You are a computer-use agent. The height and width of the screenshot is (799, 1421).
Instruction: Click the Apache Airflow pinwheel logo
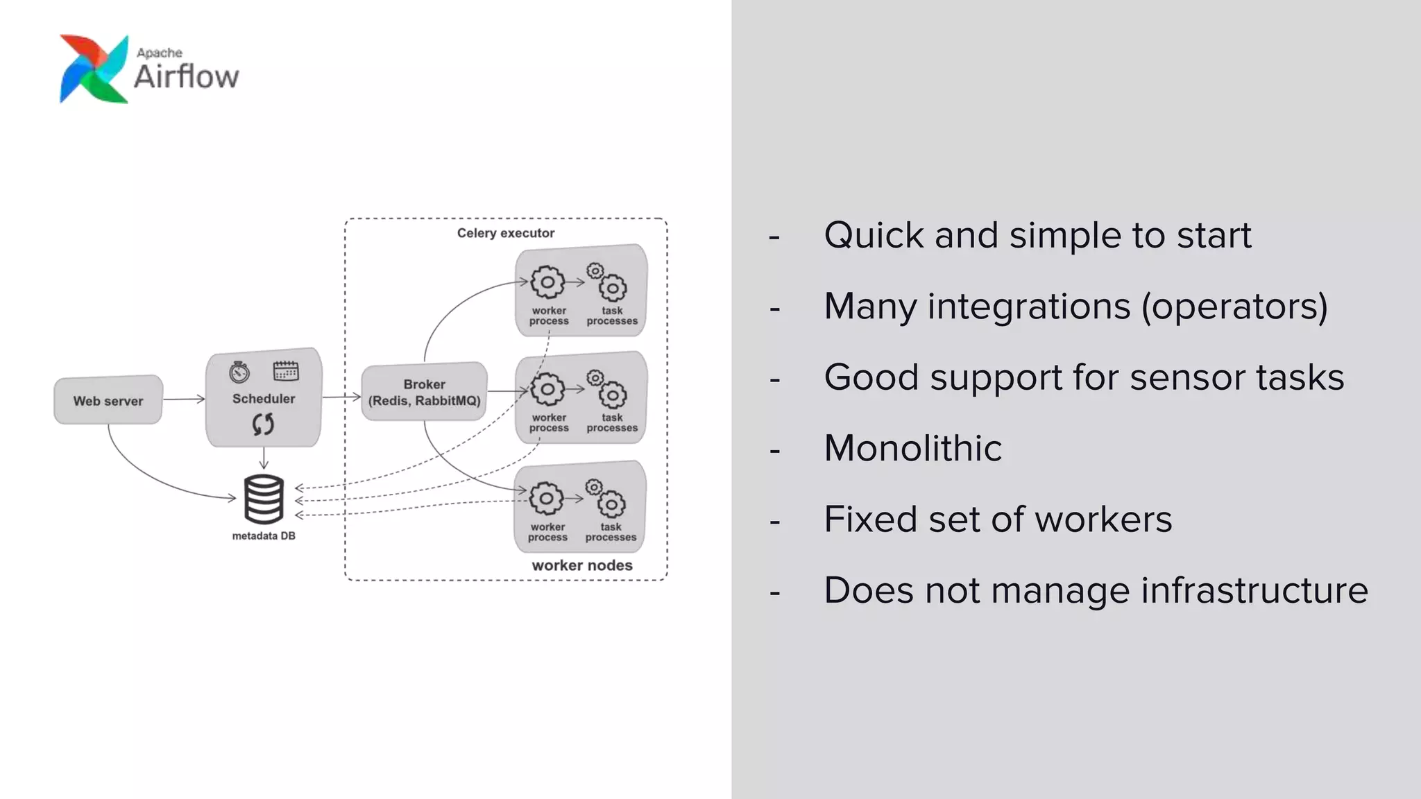point(94,69)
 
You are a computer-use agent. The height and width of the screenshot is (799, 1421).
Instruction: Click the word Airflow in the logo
point(186,77)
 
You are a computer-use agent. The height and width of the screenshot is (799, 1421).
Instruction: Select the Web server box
point(108,400)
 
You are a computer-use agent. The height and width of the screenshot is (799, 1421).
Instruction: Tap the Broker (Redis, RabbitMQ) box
point(424,392)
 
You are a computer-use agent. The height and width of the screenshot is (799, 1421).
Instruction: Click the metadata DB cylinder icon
point(264,499)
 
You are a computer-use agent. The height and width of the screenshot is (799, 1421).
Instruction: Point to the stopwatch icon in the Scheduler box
point(239,372)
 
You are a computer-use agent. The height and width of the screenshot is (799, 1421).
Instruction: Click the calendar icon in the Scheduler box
point(286,371)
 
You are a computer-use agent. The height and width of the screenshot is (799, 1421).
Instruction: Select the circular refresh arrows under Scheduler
point(263,424)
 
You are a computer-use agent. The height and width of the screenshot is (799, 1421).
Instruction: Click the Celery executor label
point(505,233)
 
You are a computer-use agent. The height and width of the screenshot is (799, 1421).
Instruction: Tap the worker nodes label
point(581,565)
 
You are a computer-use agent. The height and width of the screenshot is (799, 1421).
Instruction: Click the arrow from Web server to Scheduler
point(184,399)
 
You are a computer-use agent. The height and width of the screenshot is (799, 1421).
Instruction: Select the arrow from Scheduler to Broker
point(341,397)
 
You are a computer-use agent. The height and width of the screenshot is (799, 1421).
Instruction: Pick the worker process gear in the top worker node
point(547,282)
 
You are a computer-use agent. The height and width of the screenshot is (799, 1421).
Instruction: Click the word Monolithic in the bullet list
point(912,448)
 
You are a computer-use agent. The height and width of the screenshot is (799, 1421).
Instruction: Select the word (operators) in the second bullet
point(1234,307)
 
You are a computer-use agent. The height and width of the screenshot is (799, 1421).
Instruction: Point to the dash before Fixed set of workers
point(774,521)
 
